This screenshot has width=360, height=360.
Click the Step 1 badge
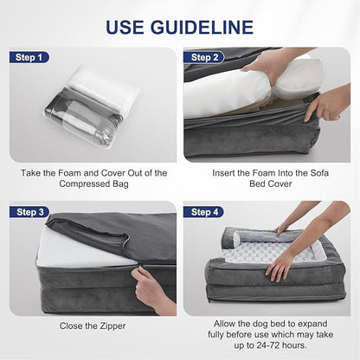pos(29,57)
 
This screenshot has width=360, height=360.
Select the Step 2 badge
pos(204,57)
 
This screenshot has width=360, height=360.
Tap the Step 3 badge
pos(29,212)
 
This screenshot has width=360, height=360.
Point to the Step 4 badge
pos(204,212)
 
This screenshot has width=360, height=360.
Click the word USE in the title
pos(125,27)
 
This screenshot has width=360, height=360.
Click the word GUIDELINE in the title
pos(202,27)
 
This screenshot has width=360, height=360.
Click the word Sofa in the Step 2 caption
pos(319,173)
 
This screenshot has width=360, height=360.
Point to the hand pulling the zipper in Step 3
pos(153,290)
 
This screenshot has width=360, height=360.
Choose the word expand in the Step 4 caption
pos(312,324)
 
